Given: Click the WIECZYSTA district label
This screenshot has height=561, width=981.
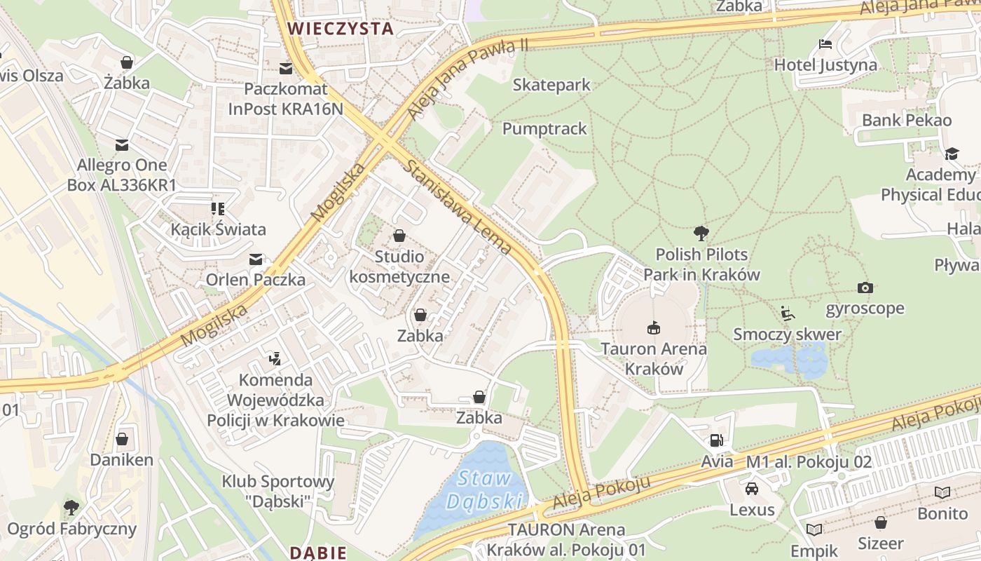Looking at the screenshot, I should [x=341, y=28].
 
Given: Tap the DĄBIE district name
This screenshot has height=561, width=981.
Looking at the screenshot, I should [x=318, y=553].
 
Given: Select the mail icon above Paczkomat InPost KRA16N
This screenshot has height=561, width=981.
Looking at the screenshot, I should [x=286, y=69].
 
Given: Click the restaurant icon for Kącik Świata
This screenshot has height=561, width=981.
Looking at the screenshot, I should [x=218, y=209].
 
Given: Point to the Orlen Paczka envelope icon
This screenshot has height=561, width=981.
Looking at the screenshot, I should [x=256, y=259].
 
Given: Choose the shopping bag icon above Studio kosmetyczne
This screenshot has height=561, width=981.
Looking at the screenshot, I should [x=399, y=236].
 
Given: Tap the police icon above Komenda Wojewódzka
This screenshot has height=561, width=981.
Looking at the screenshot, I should [x=275, y=360].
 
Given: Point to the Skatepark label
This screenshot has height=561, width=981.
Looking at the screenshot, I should [x=551, y=85].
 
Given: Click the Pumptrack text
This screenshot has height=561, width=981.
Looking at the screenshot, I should [x=544, y=129].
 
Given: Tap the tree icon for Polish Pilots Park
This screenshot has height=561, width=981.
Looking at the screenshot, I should [x=701, y=234].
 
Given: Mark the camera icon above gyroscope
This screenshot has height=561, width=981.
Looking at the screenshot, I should [x=865, y=288].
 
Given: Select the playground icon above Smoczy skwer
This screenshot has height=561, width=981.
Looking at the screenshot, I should [x=788, y=313].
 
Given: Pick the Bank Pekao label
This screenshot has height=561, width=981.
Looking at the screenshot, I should [x=907, y=120].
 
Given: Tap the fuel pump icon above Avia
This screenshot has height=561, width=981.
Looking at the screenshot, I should [x=716, y=440].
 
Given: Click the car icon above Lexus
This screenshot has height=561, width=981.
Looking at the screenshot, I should [x=752, y=489].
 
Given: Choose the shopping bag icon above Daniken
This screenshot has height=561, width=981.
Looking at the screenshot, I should [x=122, y=440].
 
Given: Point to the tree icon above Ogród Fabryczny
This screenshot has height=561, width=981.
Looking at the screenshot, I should [x=71, y=507].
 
